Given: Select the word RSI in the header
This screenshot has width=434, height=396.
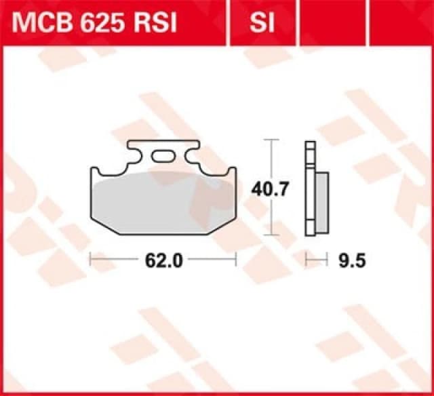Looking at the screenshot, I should coord(155,24).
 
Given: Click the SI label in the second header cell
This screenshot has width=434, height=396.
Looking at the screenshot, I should coord(261,24).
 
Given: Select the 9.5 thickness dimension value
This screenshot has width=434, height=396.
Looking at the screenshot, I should coord(345,260).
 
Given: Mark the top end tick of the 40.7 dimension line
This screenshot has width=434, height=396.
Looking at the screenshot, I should coord(271,140).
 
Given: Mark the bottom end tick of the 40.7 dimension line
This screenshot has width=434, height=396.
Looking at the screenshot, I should coord(271,235).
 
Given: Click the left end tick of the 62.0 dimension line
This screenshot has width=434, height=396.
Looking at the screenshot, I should coord(91,260).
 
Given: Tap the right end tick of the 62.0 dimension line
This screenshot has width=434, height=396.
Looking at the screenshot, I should coord(236,260).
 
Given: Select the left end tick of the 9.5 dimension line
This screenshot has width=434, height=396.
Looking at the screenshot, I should coord(307,260).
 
